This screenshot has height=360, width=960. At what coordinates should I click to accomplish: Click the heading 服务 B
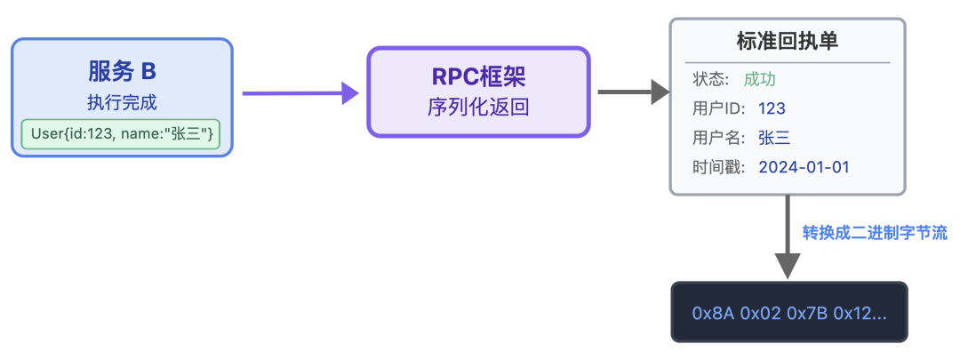click(122, 70)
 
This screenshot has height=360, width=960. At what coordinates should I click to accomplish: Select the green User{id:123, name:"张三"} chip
click(122, 134)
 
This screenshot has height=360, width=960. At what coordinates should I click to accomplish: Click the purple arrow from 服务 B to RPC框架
click(299, 92)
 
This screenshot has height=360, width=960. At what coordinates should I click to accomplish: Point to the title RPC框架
click(478, 76)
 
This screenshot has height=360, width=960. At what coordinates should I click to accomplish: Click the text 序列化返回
click(478, 108)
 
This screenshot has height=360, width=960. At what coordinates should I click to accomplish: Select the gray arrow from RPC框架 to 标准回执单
click(632, 92)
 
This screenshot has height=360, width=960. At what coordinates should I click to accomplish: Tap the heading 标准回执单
click(788, 42)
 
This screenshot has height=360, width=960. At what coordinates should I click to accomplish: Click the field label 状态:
click(711, 79)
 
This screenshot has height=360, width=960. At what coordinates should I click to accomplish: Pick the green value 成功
click(761, 79)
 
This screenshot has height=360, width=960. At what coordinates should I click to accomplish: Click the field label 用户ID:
click(716, 108)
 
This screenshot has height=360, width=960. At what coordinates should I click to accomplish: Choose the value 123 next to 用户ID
click(772, 108)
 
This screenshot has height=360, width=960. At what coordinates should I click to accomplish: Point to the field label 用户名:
click(716, 138)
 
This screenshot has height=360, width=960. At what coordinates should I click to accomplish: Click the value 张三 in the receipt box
click(774, 138)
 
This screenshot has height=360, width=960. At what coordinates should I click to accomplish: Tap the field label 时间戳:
click(716, 167)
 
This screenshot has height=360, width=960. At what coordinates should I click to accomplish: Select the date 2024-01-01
click(805, 167)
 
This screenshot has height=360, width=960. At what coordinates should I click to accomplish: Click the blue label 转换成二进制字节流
click(875, 233)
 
